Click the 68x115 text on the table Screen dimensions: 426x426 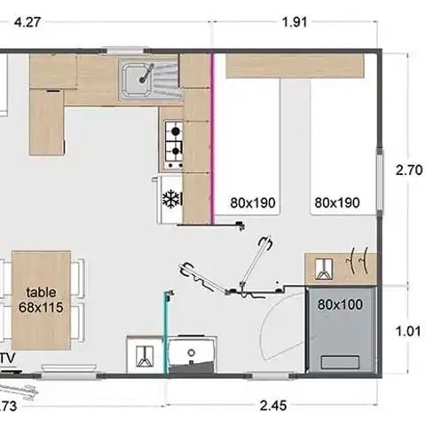click(x=40, y=307)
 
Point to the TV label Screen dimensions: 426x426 click(x=8, y=359)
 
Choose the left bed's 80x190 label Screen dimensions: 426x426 click(x=252, y=202)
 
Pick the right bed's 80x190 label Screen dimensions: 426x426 click(x=336, y=202)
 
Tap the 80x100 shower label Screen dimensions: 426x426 click(x=342, y=304)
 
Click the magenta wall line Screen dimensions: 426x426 click(x=213, y=133)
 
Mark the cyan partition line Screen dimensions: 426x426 click(x=165, y=328)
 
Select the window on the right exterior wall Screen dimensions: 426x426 click(x=383, y=190)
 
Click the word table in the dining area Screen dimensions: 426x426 click(x=40, y=292)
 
